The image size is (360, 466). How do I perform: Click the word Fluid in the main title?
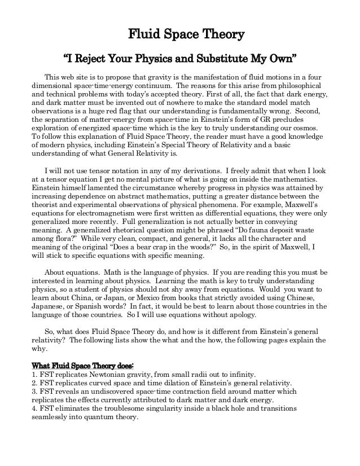click(x=141, y=35)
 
